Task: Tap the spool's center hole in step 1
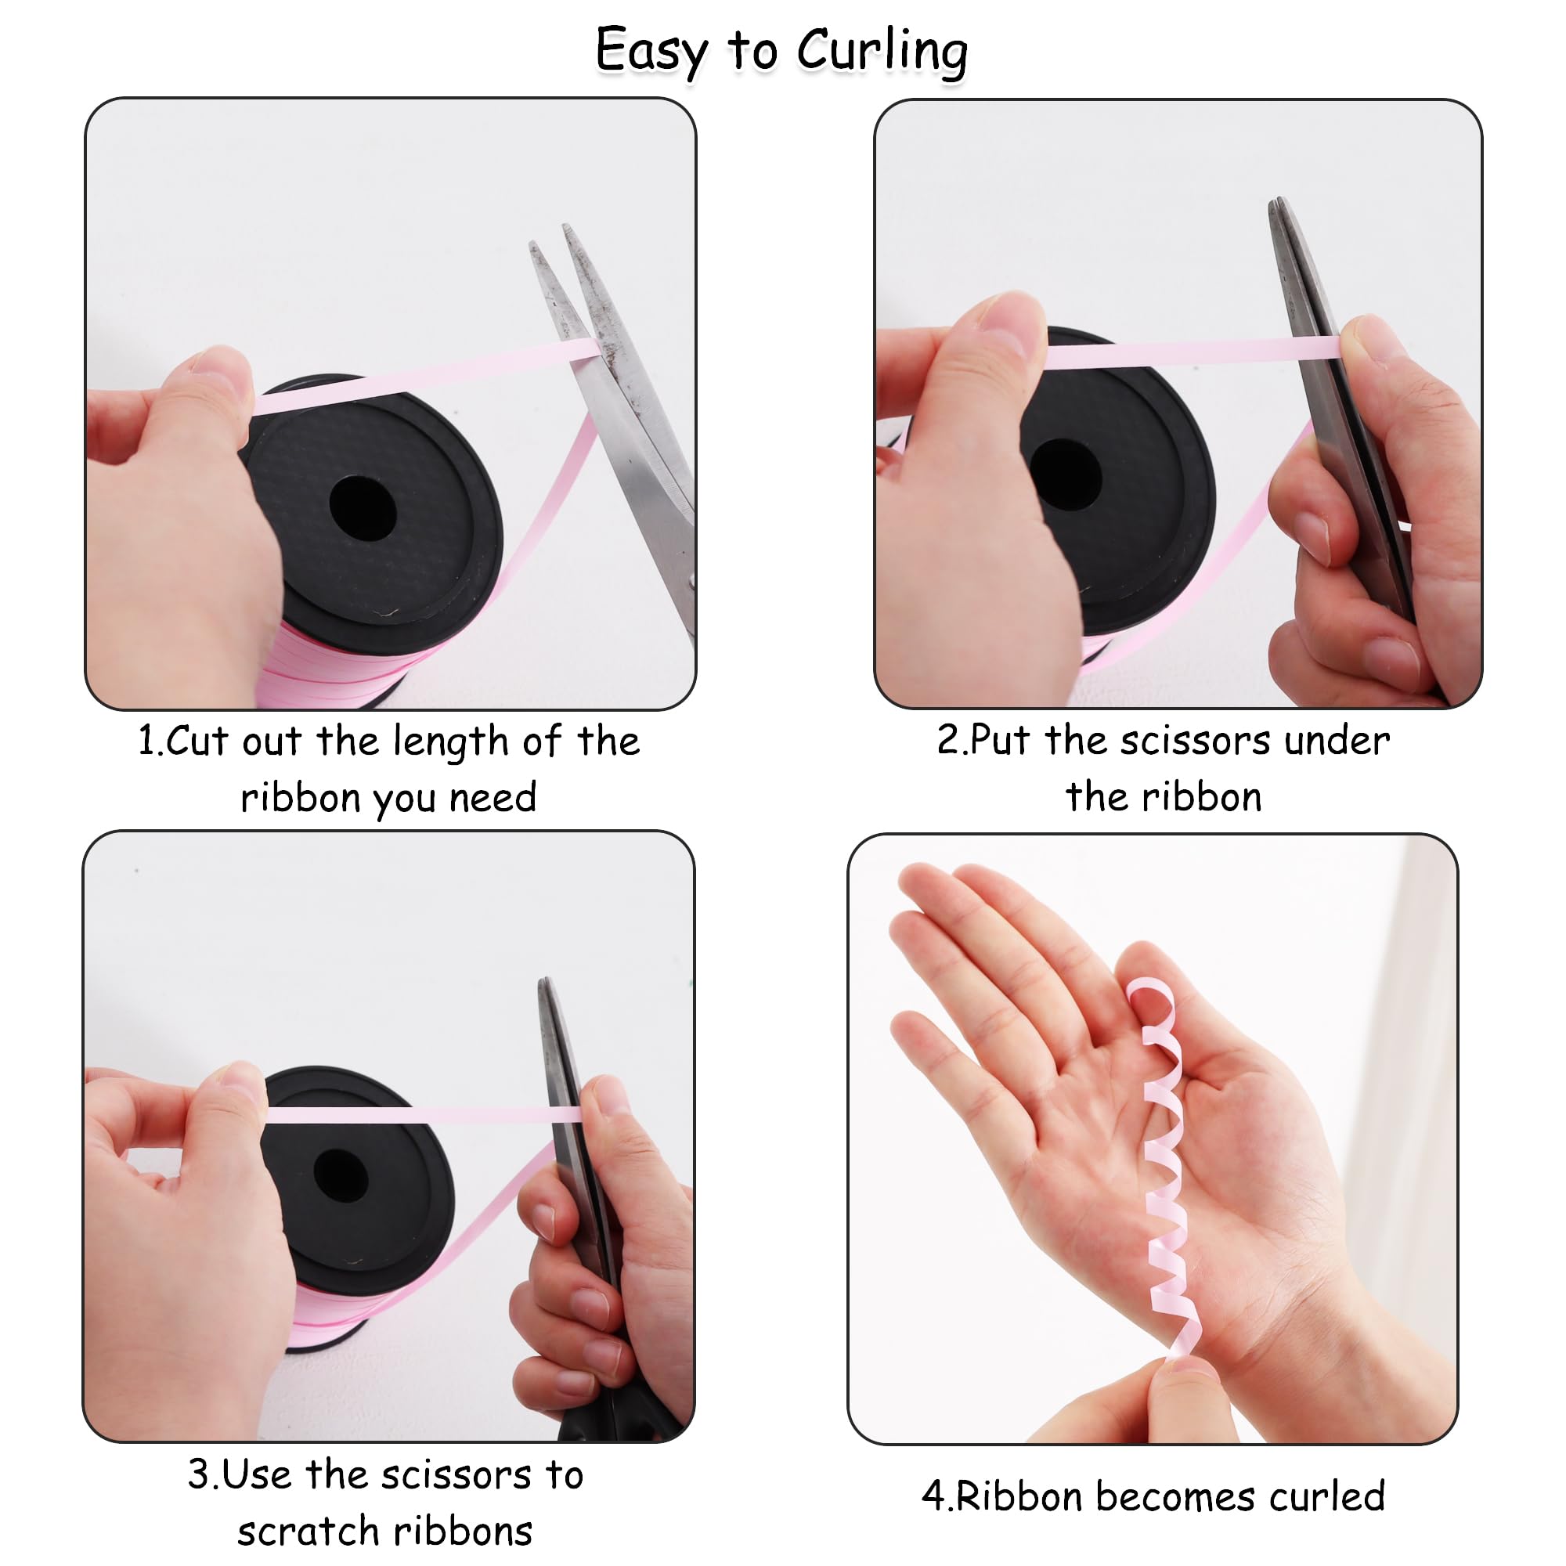(x=363, y=508)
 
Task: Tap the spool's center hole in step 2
(x=1065, y=474)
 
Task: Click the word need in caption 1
(x=493, y=798)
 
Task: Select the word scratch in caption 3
(x=301, y=1531)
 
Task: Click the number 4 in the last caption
(x=932, y=1496)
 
